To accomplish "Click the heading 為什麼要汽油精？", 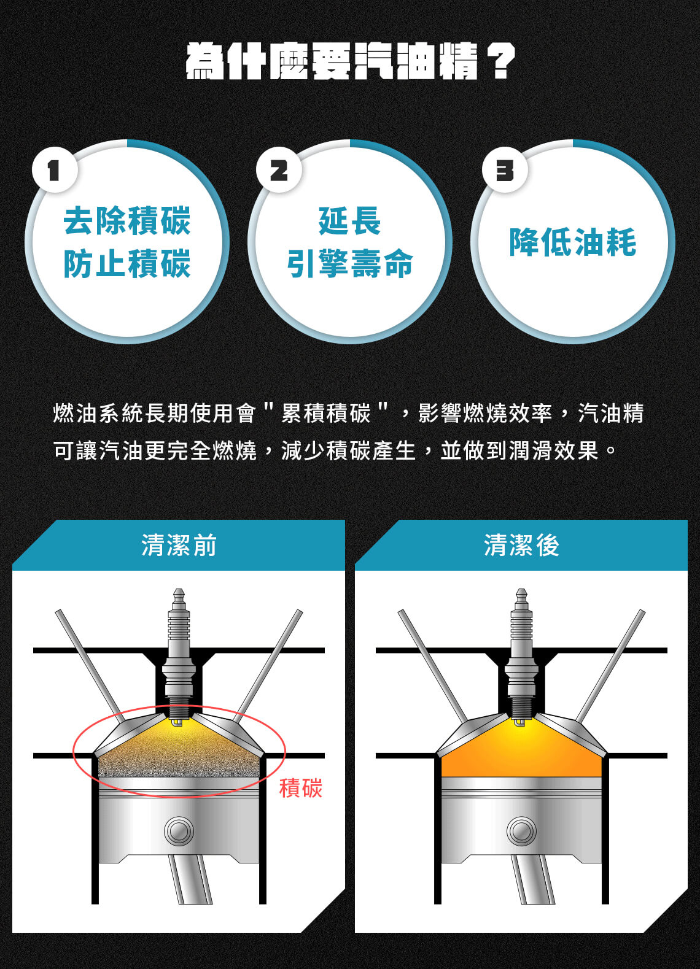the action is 351,61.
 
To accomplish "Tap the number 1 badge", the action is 55,170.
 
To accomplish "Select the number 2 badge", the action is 278,170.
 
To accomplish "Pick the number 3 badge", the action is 505,170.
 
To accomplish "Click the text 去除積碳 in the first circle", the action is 127,221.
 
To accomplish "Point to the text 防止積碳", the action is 127,263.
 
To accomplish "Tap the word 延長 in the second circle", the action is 350,221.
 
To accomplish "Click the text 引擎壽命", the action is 350,263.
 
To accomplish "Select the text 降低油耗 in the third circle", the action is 573,242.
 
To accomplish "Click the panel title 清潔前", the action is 179,544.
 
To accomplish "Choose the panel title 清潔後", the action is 522,544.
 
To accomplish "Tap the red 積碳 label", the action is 301,788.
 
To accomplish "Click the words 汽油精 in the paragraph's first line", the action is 611,412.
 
